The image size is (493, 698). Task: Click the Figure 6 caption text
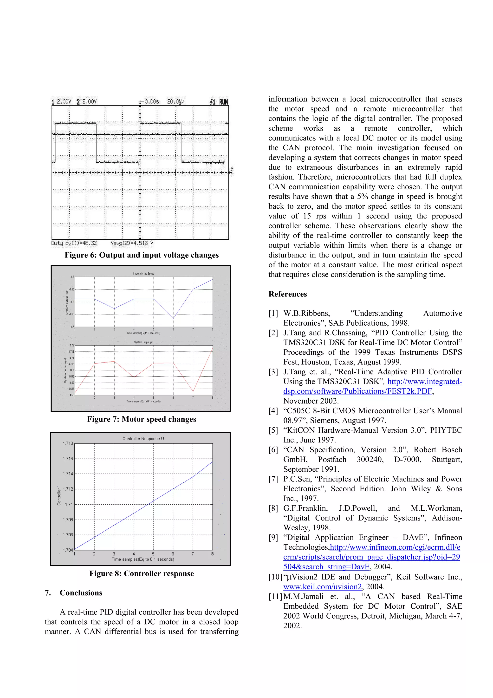(142, 255)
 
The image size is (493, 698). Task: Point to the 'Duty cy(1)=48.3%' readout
(74, 243)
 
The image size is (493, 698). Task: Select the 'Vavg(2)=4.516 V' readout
(132, 243)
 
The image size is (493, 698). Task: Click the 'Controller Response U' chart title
(143, 439)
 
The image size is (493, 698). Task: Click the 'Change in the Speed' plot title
(143, 274)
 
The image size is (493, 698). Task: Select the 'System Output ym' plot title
(143, 342)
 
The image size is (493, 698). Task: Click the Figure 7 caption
(142, 419)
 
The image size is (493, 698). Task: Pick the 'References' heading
(287, 294)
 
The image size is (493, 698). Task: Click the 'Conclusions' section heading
(81, 593)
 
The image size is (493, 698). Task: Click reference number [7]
(273, 479)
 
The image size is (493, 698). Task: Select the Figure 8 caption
(142, 574)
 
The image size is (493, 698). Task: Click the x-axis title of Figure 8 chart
(143, 559)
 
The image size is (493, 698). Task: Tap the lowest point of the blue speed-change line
(173, 319)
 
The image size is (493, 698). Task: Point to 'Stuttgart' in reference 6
(447, 459)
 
